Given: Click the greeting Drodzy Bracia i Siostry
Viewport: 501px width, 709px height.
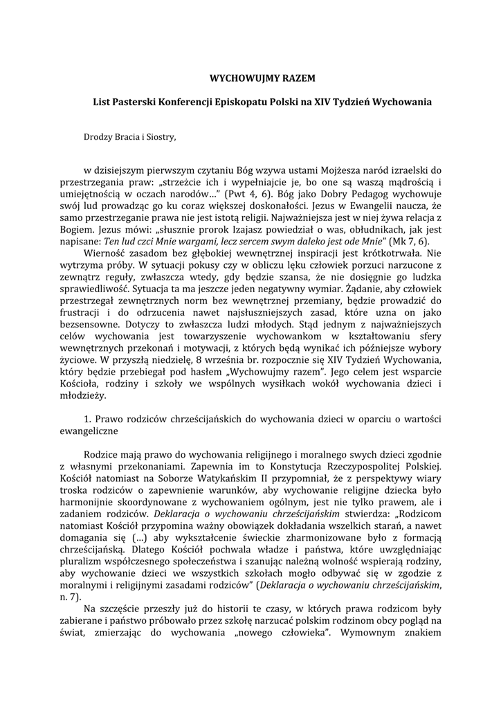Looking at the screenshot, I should pyautogui.click(x=129, y=136).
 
